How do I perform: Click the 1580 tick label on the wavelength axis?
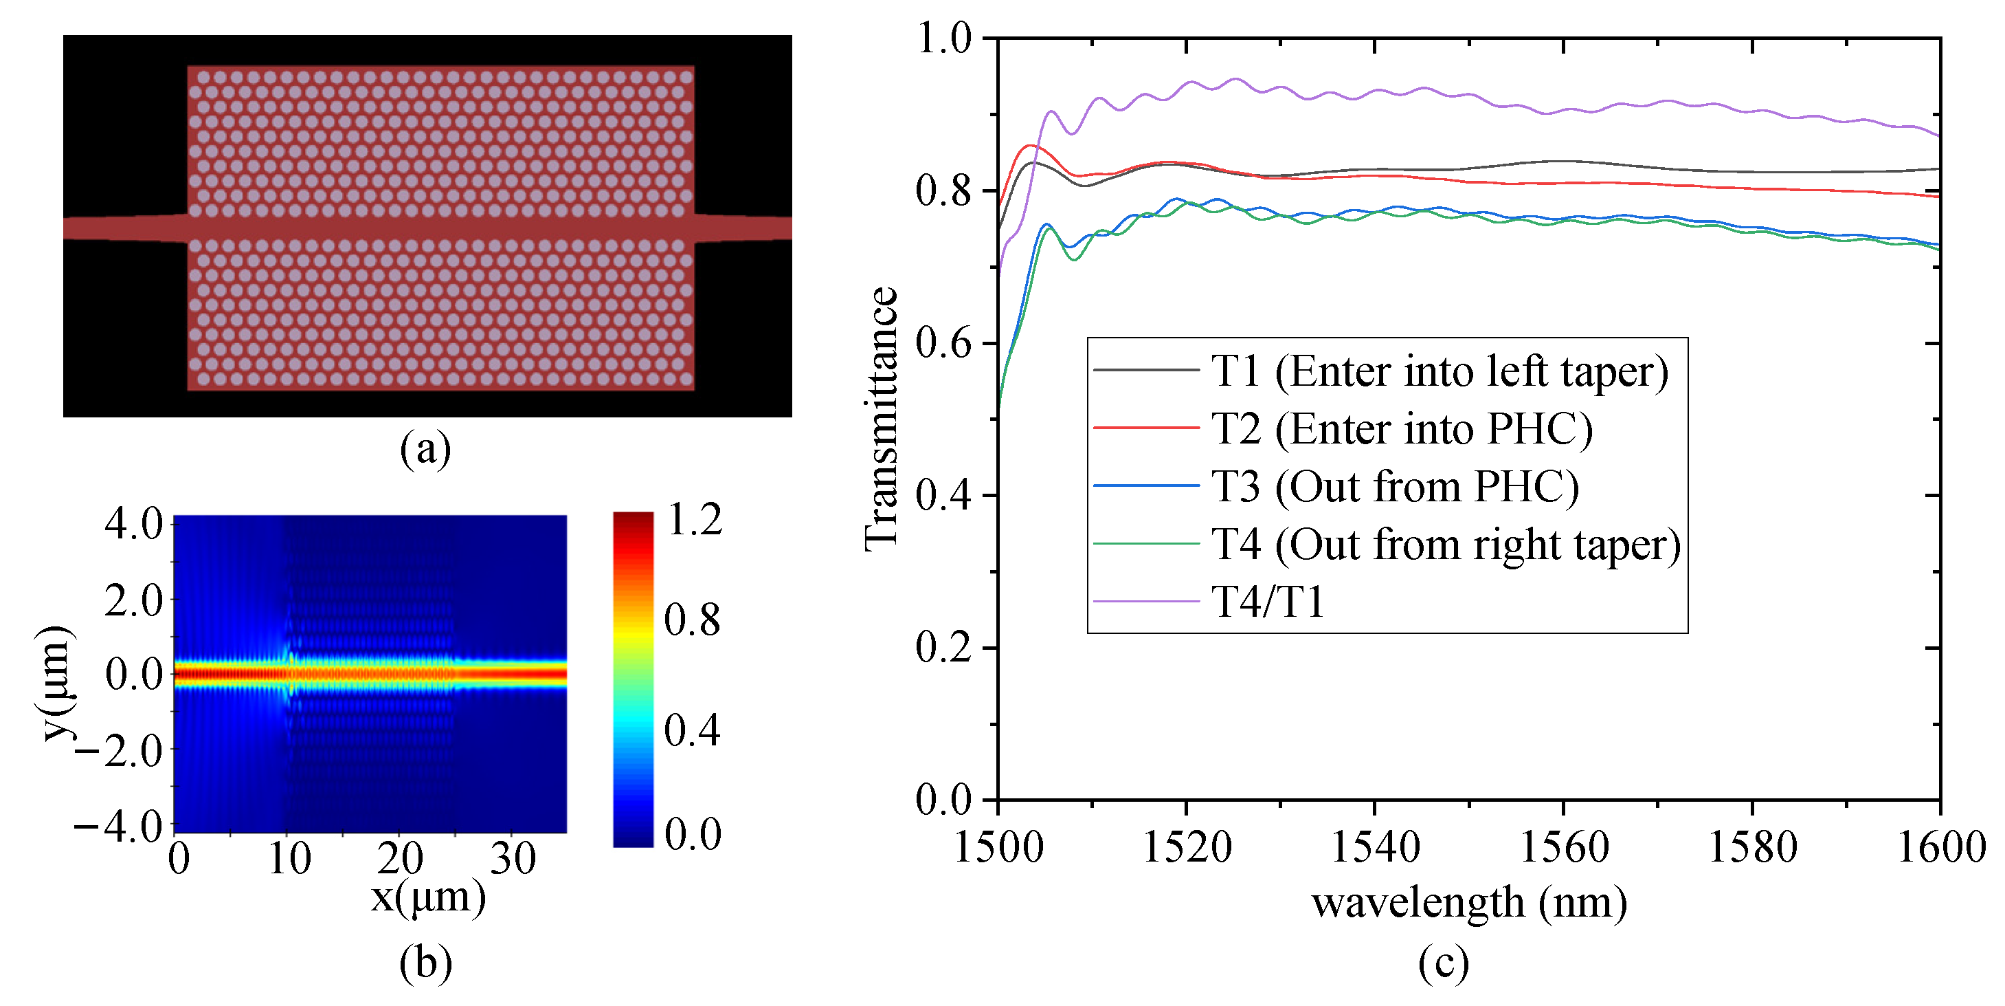point(1752,847)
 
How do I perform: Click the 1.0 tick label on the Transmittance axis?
point(943,38)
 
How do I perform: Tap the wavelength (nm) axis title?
point(1469,904)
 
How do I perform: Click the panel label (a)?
point(425,449)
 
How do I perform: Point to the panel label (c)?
point(1443,963)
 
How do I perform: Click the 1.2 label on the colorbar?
point(694,520)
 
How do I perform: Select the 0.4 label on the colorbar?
point(692,730)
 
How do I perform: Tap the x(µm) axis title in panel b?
point(428,898)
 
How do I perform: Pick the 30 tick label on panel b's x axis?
point(513,859)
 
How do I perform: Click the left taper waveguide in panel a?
point(124,228)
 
